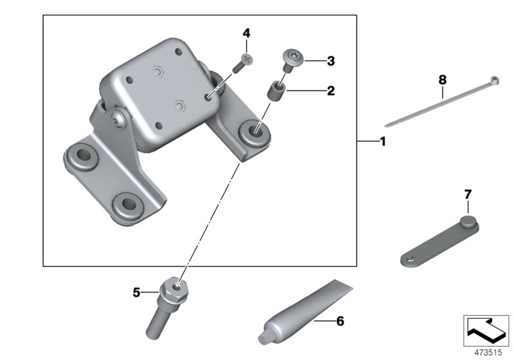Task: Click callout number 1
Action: [382, 141]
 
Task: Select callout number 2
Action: [330, 91]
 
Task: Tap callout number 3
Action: [330, 62]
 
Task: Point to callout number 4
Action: [246, 33]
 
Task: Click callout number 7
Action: [468, 193]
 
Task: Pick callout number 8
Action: [442, 80]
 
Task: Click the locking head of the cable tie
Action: [495, 81]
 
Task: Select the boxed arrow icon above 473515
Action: [486, 328]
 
